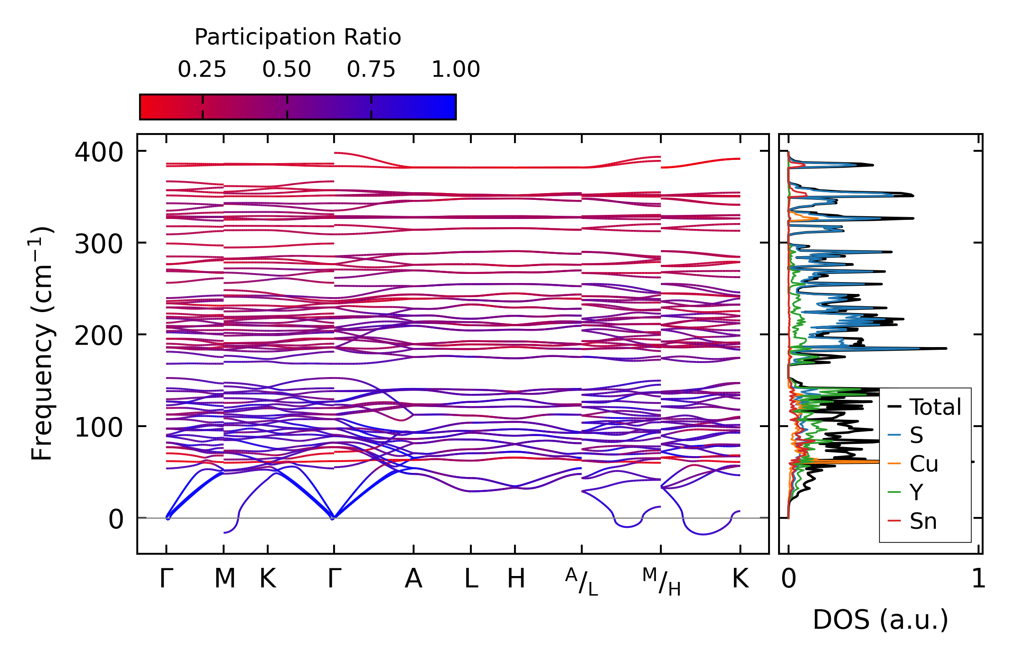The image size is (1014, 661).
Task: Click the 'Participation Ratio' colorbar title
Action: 298,37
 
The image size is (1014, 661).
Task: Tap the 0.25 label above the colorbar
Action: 202,70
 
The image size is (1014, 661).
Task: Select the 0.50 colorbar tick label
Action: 286,70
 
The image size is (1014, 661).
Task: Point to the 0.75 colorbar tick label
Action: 371,70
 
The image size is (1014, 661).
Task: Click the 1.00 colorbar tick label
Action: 455,70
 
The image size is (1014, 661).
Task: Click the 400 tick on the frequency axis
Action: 99,152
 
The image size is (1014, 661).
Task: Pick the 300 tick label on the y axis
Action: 99,244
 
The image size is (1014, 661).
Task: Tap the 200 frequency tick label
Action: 99,336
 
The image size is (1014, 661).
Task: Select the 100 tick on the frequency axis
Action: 99,427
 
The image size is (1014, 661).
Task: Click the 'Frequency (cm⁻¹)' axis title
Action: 42,343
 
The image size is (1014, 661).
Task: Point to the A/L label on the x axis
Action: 581,582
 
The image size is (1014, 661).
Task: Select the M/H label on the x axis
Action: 661,582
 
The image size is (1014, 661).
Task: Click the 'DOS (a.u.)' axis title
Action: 880,620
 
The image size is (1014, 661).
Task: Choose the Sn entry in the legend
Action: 923,521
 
